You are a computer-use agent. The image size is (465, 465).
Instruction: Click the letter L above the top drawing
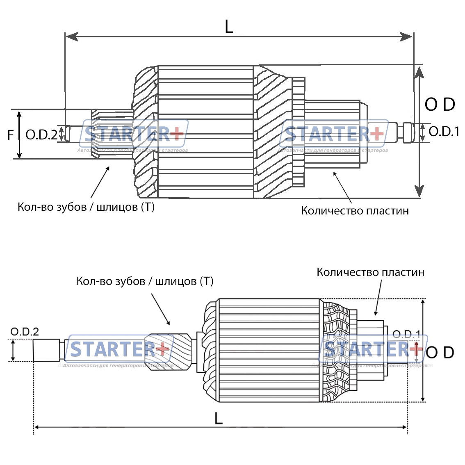(229, 27)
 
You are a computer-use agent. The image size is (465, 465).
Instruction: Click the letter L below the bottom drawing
(218, 418)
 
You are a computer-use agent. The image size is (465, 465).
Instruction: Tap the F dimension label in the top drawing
(11, 134)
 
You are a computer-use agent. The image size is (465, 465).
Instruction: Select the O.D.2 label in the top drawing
(41, 134)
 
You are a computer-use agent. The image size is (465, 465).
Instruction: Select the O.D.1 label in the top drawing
(444, 132)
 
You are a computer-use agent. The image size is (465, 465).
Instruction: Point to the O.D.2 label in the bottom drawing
(25, 332)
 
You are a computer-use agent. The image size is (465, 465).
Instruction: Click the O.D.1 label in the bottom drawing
(406, 334)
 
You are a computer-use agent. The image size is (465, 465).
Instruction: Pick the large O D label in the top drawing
(440, 105)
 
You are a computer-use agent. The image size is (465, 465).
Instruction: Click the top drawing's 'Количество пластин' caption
(355, 211)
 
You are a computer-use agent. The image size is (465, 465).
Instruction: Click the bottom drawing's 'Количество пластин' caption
(370, 272)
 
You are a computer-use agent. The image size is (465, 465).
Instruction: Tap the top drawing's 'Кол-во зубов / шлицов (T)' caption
(86, 207)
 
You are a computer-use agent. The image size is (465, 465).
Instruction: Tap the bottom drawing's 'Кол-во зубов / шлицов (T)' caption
(145, 281)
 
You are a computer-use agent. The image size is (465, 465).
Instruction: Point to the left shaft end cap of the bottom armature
(46, 351)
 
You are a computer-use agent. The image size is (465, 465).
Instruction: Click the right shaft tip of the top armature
(407, 132)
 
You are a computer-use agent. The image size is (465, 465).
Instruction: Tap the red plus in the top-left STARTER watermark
(177, 134)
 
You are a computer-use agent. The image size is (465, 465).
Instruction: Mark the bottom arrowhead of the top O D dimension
(419, 191)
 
